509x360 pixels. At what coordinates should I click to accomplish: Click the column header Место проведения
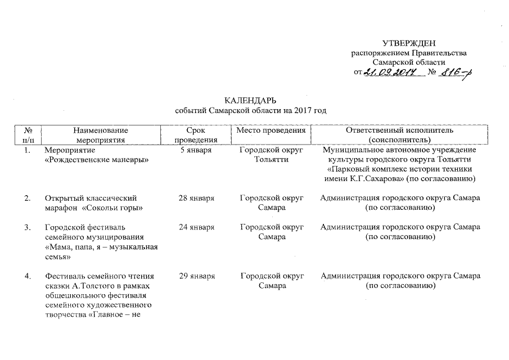click(271, 130)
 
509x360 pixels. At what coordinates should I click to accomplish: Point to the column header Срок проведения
click(196, 135)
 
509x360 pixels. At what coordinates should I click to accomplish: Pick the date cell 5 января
click(196, 150)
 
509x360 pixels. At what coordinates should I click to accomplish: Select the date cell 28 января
click(196, 198)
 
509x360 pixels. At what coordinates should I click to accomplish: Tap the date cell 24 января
click(196, 227)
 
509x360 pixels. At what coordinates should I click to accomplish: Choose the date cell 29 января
click(196, 276)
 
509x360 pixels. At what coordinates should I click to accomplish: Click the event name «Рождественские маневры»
click(96, 160)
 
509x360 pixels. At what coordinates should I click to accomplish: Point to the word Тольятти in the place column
click(272, 160)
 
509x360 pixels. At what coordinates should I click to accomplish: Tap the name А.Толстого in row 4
click(94, 286)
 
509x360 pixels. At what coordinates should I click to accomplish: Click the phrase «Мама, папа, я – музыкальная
click(101, 246)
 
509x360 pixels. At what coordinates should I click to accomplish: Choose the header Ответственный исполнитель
click(399, 130)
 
